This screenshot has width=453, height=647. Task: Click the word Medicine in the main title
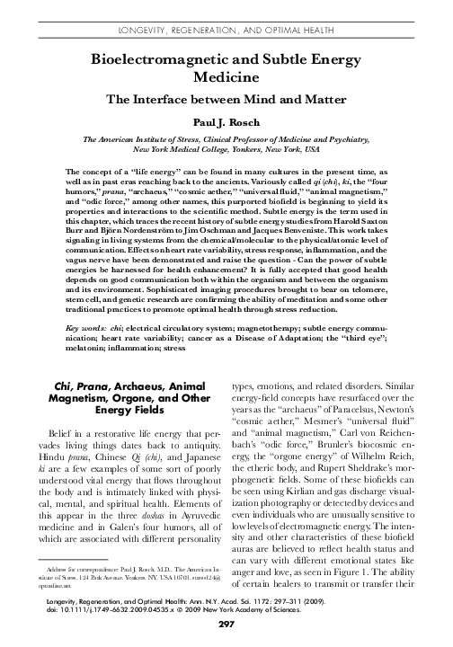pos(226,78)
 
